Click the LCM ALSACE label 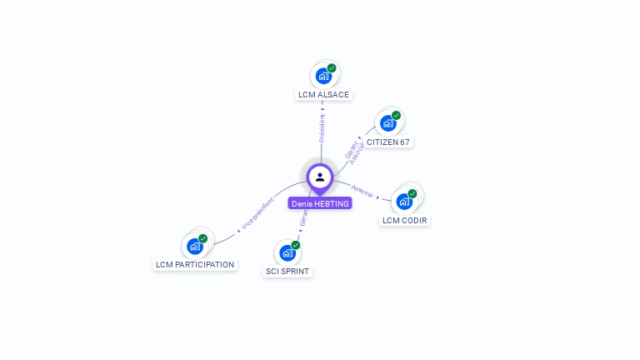click(323, 95)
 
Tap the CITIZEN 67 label click(388, 142)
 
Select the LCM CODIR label click(405, 221)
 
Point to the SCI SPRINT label click(287, 272)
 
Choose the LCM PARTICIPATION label click(195, 265)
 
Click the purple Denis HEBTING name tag click(320, 203)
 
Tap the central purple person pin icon click(320, 177)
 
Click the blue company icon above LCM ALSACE click(323, 76)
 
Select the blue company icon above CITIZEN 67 click(387, 123)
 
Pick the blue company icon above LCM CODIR click(404, 201)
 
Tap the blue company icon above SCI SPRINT click(287, 252)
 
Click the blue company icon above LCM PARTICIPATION click(195, 246)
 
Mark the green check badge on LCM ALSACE click(332, 68)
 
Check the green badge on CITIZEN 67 click(396, 116)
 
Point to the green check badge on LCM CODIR click(412, 193)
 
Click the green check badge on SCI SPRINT click(296, 245)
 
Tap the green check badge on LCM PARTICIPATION click(203, 238)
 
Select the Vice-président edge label click(257, 213)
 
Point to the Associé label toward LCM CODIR click(363, 190)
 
